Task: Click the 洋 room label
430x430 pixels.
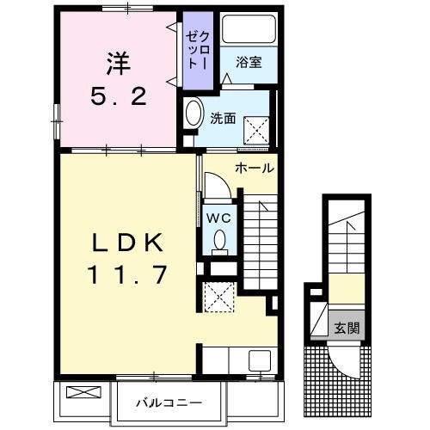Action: (118, 64)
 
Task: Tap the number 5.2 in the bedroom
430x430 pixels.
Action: (118, 96)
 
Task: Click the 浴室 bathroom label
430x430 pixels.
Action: (249, 61)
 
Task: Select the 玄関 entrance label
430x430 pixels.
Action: (347, 326)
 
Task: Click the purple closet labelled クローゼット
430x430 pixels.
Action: (195, 50)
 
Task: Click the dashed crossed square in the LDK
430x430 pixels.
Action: (220, 298)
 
